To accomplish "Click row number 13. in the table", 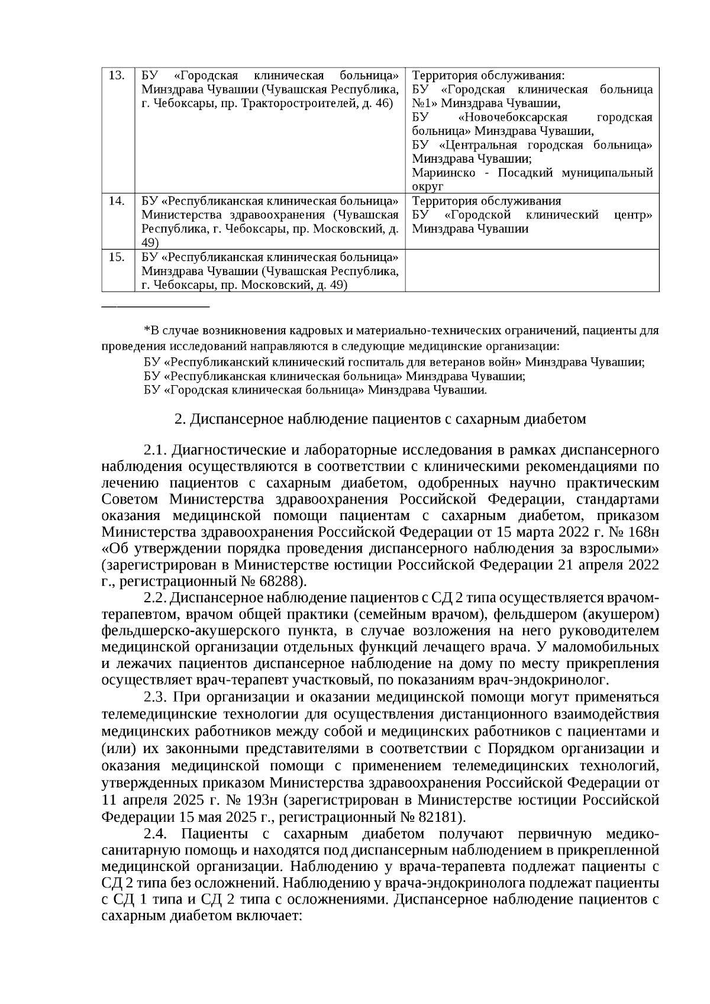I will click(x=117, y=76).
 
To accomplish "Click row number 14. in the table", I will click(x=117, y=201).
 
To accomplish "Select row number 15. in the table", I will click(x=117, y=257).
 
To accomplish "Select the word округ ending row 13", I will click(x=427, y=186).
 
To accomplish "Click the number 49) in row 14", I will click(x=150, y=243).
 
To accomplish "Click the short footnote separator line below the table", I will click(x=156, y=306).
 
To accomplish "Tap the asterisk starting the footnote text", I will click(x=147, y=330).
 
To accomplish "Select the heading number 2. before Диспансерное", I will click(x=180, y=419).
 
